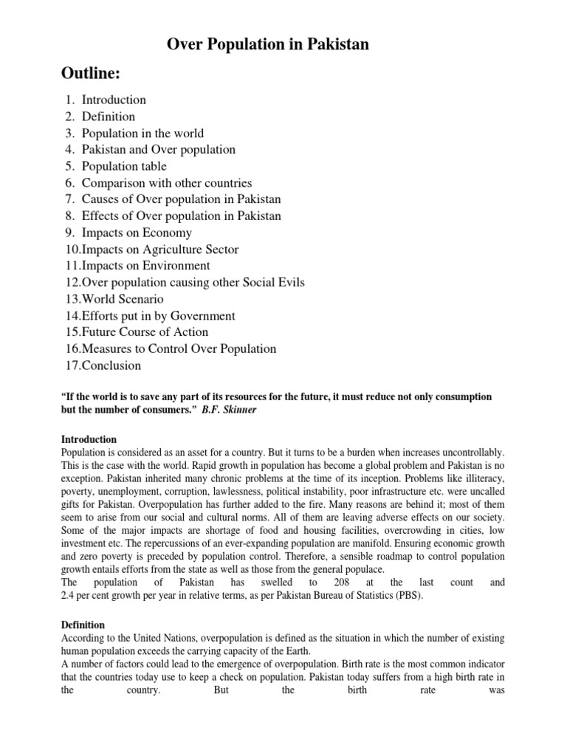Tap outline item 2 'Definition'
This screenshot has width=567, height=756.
[109, 117]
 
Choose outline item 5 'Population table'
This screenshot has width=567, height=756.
[124, 166]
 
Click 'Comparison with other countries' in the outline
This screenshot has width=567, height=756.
[167, 183]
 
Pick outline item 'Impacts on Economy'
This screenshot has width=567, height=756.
[137, 233]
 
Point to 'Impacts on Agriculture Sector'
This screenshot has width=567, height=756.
[160, 250]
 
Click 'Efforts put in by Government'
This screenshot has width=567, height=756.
[159, 316]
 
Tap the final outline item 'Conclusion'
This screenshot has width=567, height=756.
[111, 365]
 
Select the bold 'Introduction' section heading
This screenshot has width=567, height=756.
[89, 439]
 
